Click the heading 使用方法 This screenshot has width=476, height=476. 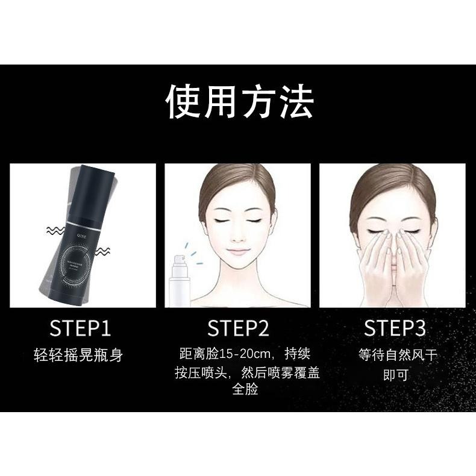[x=239, y=102]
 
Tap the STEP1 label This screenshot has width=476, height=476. [x=80, y=329]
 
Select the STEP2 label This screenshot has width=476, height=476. [x=238, y=329]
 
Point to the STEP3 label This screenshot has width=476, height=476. [x=395, y=329]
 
